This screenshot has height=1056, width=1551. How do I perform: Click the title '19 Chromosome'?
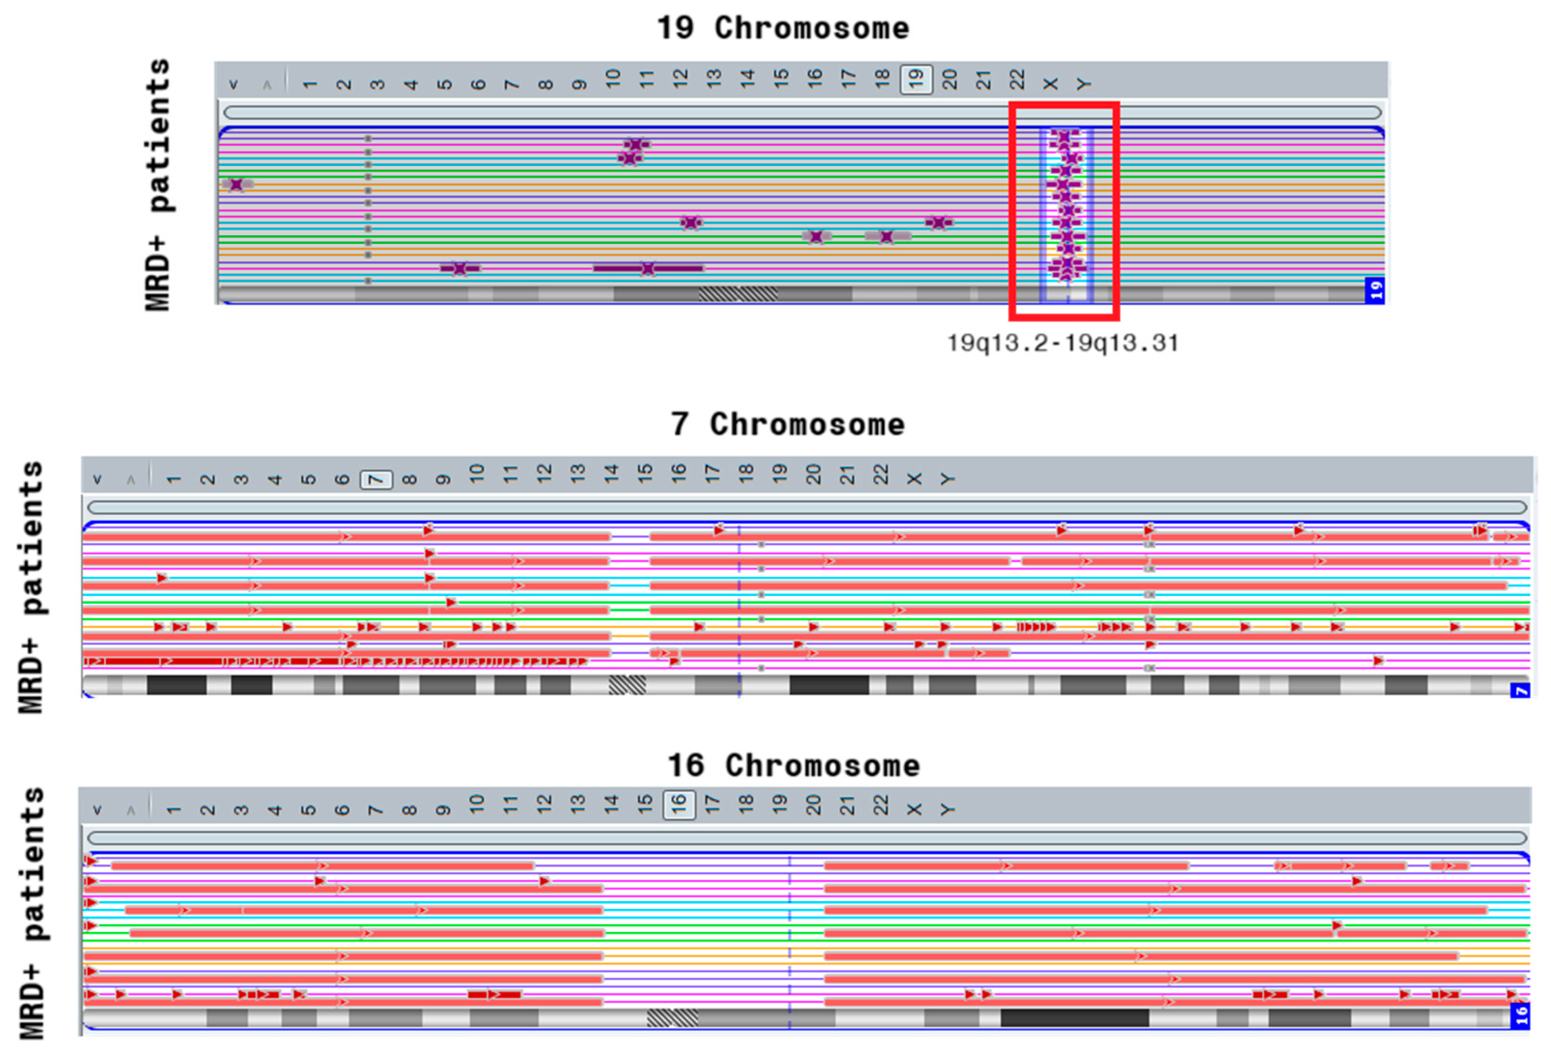pos(783,28)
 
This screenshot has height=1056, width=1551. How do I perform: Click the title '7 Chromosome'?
pos(787,424)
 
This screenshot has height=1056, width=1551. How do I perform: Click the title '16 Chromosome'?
pos(794,765)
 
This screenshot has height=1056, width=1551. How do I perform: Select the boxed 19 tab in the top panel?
pos(916,80)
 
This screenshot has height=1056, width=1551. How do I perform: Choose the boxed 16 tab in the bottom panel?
pos(679,805)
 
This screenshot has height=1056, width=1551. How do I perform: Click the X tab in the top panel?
pos(1050,83)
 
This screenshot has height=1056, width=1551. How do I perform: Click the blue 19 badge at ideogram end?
pos(1375,291)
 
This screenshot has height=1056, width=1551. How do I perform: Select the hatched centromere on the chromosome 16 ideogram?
pos(672,1018)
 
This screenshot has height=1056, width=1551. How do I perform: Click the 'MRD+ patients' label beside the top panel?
pos(159,185)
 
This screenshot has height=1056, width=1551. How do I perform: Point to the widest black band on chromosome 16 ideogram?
pos(1074,1018)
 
